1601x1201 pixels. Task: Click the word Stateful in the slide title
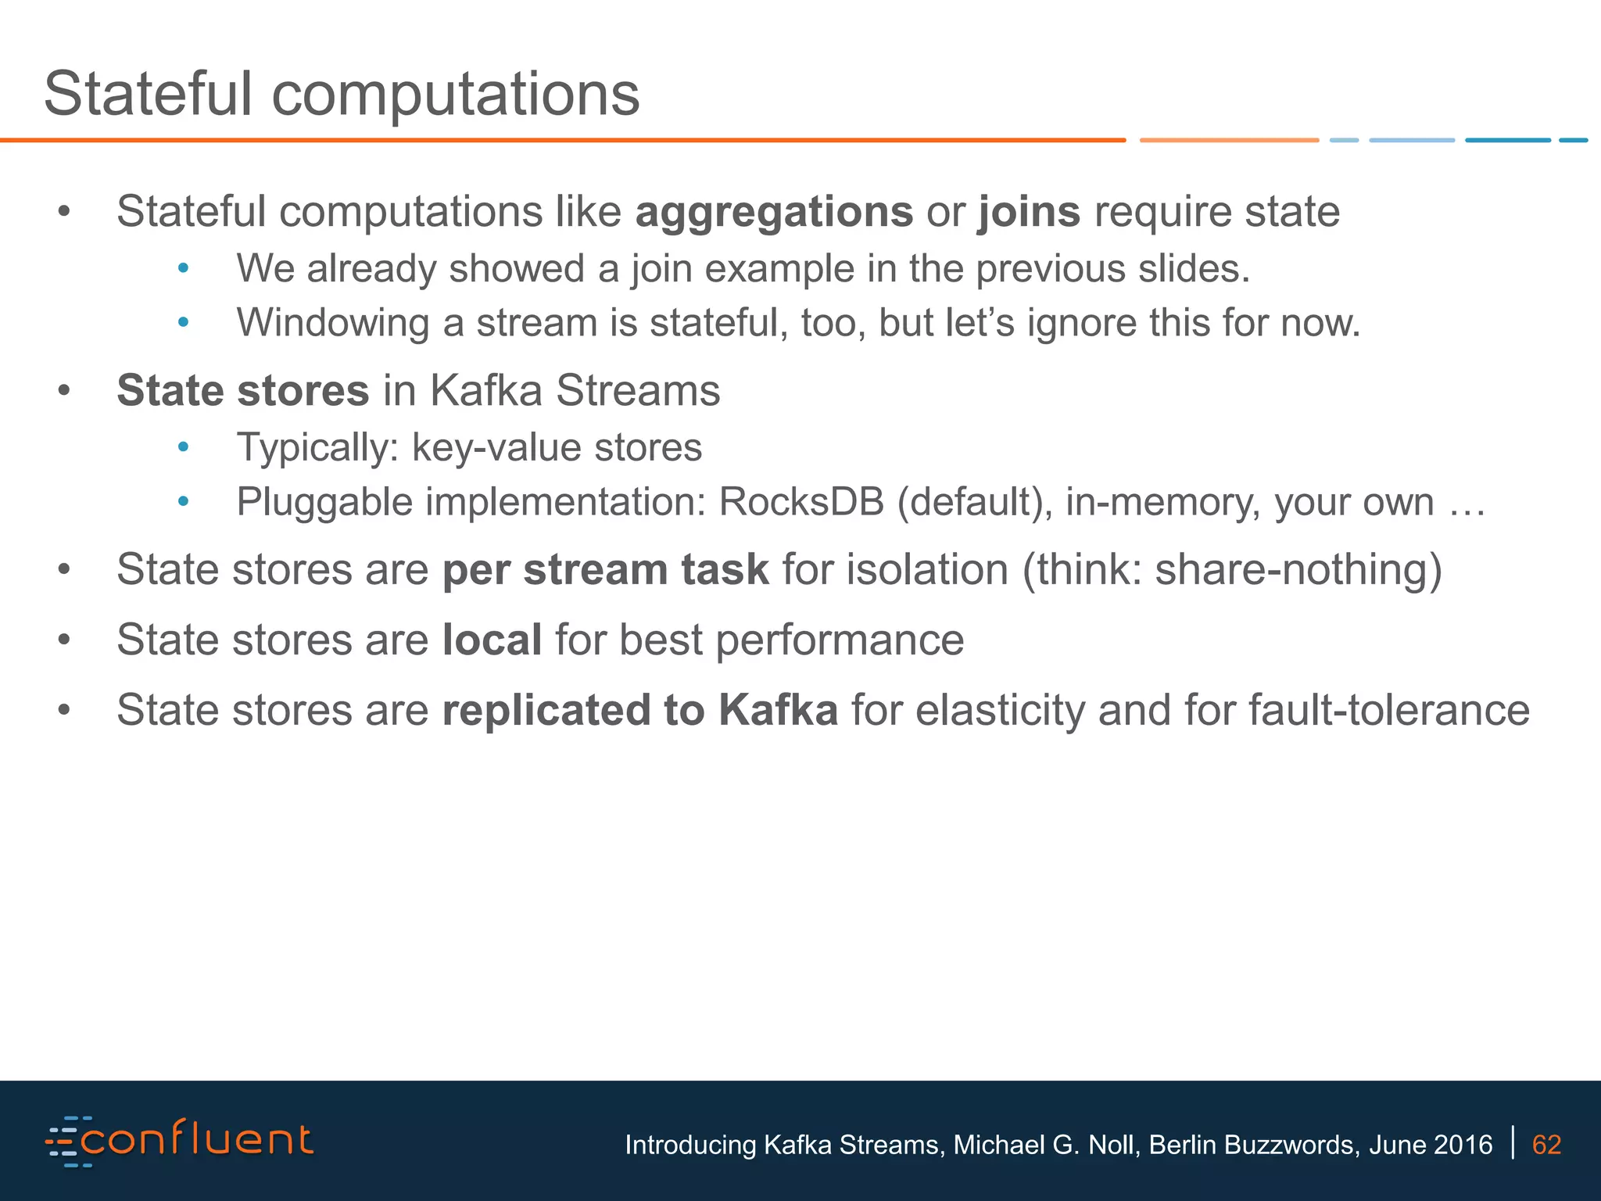pos(148,94)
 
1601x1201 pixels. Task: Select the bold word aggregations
pos(774,213)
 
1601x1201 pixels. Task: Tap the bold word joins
pos(1029,213)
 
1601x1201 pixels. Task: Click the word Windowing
pos(333,323)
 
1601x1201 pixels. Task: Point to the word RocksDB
pos(801,502)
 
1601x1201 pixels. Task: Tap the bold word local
pos(492,640)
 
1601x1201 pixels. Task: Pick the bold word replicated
pos(546,710)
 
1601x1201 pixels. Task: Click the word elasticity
pos(1000,710)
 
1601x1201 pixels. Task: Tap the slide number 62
pos(1546,1145)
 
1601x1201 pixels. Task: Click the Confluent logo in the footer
pos(180,1142)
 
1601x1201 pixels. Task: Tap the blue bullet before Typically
pos(184,448)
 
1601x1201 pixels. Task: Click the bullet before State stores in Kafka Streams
pos(64,391)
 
